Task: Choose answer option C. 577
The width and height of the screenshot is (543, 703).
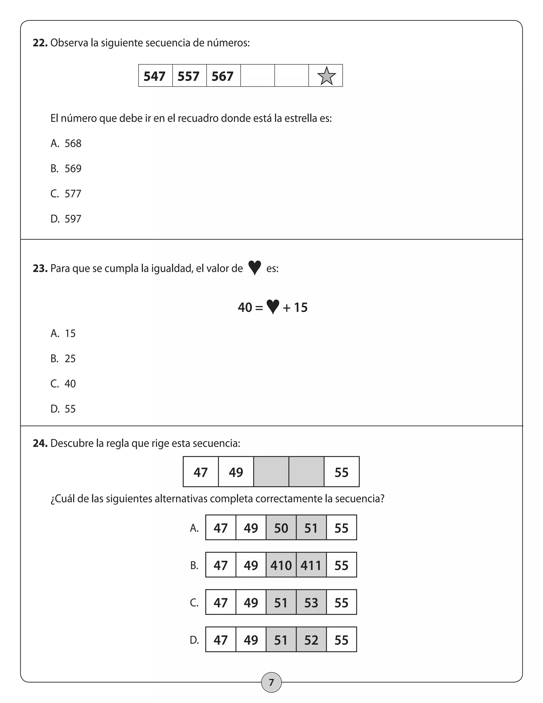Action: (66, 194)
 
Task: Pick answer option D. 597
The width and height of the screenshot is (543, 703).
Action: (66, 219)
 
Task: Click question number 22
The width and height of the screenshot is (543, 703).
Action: (40, 43)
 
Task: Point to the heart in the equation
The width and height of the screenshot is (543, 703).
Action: (273, 307)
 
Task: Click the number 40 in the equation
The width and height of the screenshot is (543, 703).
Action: (245, 308)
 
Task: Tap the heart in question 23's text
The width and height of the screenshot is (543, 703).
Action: (255, 268)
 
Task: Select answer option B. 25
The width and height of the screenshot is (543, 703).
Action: (63, 359)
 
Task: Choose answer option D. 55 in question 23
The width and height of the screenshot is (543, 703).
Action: (63, 409)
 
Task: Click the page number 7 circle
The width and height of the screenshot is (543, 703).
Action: (271, 682)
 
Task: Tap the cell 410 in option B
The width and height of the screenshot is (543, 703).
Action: (281, 566)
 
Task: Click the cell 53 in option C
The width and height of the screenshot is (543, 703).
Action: (311, 603)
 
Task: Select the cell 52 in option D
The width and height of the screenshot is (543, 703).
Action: (311, 640)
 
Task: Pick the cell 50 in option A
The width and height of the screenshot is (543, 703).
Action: (281, 528)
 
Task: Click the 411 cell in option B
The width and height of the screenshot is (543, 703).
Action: (311, 566)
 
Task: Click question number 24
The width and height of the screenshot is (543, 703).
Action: (40, 444)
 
